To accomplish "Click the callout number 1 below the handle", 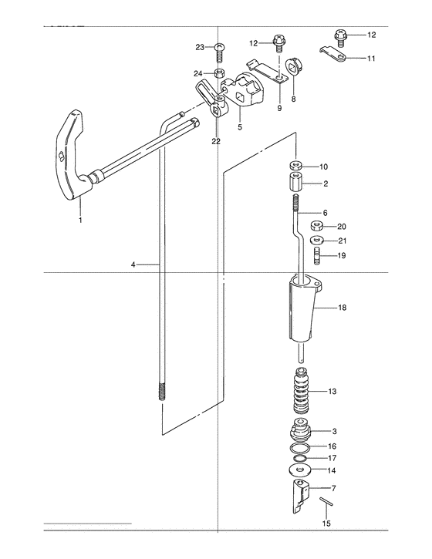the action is pyautogui.click(x=81, y=220).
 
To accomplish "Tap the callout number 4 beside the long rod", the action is pyautogui.click(x=133, y=265).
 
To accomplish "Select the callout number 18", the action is pyautogui.click(x=342, y=308).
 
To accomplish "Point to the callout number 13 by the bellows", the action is pyautogui.click(x=332, y=392).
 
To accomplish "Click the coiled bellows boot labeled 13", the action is pyautogui.click(x=302, y=390).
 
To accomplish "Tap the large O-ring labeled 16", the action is pyautogui.click(x=299, y=447).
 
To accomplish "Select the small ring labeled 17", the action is pyautogui.click(x=300, y=458).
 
